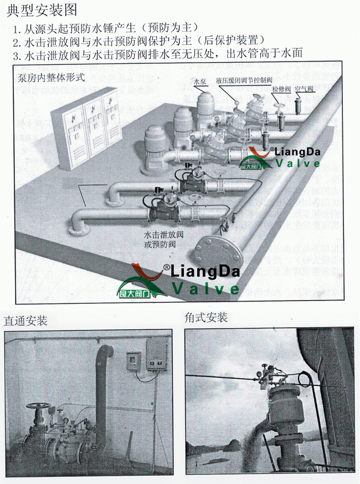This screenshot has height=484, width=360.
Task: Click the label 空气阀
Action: [305, 88]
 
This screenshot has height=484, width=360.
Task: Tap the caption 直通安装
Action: [25, 320]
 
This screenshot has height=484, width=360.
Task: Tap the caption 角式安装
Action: [206, 318]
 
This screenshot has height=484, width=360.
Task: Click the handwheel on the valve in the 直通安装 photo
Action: [38, 406]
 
